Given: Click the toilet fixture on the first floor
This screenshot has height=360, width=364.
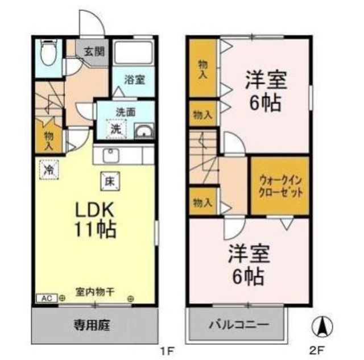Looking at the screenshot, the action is pyautogui.click(x=48, y=52).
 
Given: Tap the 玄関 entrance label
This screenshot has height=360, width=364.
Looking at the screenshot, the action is pyautogui.click(x=94, y=52).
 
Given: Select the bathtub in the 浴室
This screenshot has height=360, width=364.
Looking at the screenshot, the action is pyautogui.click(x=134, y=52).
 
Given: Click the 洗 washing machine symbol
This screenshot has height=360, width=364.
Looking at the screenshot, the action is pyautogui.click(x=116, y=129).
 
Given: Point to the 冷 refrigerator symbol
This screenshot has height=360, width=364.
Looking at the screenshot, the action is pyautogui.click(x=49, y=169).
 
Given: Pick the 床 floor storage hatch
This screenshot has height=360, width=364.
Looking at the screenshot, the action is pyautogui.click(x=110, y=181).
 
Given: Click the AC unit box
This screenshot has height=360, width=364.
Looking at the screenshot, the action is pyautogui.click(x=47, y=298).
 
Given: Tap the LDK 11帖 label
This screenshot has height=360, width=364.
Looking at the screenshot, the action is pyautogui.click(x=95, y=220).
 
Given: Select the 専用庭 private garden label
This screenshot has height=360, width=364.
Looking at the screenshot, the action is pyautogui.click(x=92, y=325).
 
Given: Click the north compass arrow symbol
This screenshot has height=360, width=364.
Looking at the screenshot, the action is pyautogui.click(x=322, y=326).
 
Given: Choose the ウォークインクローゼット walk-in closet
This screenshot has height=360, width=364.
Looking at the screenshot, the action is pyautogui.click(x=280, y=186).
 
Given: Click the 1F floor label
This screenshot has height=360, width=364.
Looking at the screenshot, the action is pyautogui.click(x=167, y=351).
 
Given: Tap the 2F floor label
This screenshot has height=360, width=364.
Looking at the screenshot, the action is pyautogui.click(x=316, y=351).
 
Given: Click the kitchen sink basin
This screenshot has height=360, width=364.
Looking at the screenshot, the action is pyautogui.click(x=111, y=155).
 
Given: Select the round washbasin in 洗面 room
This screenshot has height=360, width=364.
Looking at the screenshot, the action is pyautogui.click(x=144, y=131).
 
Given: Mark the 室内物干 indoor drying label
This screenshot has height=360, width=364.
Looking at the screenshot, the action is pyautogui.click(x=95, y=292).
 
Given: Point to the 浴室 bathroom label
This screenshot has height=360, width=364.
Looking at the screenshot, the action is pyautogui.click(x=135, y=80).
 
